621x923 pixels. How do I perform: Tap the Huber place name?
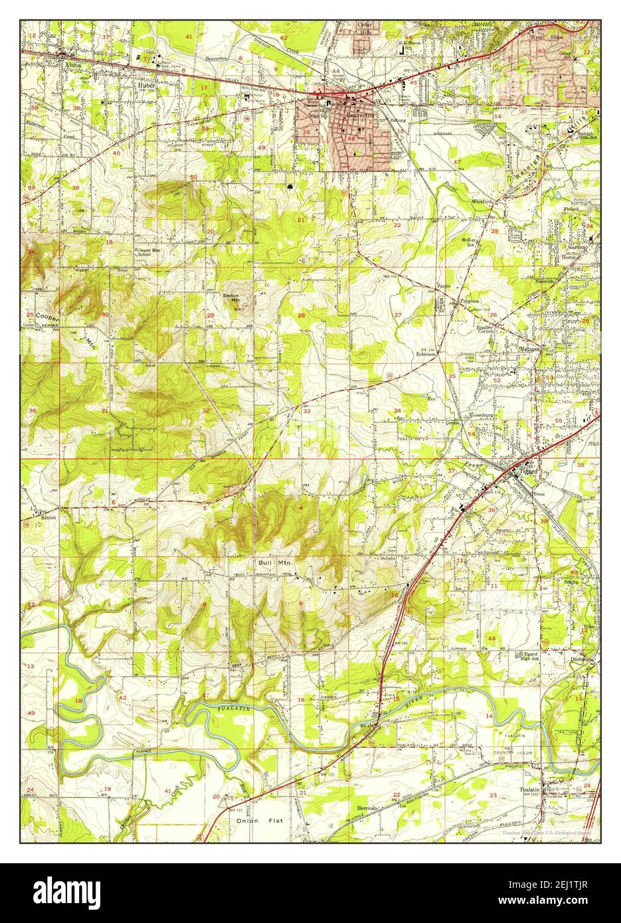tap(145, 85)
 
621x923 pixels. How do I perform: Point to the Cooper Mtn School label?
tap(148, 252)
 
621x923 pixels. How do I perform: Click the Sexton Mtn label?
tap(231, 296)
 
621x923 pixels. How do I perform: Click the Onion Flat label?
tap(260, 821)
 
